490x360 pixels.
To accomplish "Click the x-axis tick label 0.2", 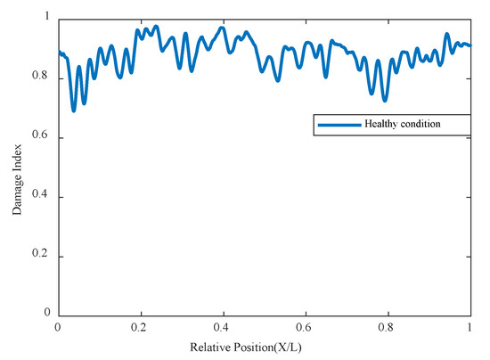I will pos(141,329).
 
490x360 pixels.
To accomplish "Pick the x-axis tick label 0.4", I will pos(223,329).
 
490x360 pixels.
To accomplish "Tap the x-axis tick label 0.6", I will pos(306,329).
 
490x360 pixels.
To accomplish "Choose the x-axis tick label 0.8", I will pos(388,329).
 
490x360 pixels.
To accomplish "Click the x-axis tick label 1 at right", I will pos(470,329).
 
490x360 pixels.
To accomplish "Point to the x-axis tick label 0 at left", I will pos(58,329).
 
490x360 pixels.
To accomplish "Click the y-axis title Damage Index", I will pos(17,168).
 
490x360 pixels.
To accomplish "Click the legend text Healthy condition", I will pos(402,124).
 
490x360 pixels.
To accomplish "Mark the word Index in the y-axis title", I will pos(17,149).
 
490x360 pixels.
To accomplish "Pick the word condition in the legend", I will pos(421,124).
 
